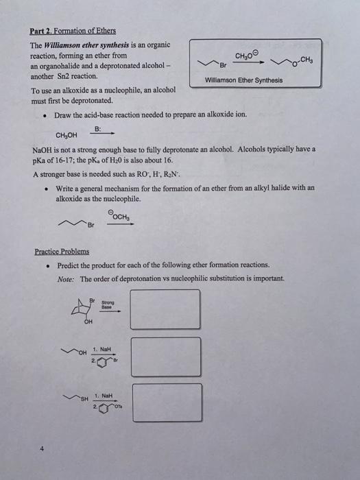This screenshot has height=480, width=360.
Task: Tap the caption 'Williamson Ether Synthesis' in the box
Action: pos(243,80)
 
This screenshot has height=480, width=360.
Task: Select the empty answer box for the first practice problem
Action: pos(170,309)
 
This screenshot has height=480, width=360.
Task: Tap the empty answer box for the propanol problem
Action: pos(170,356)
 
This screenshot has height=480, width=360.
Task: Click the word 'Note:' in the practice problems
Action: pos(67,278)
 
